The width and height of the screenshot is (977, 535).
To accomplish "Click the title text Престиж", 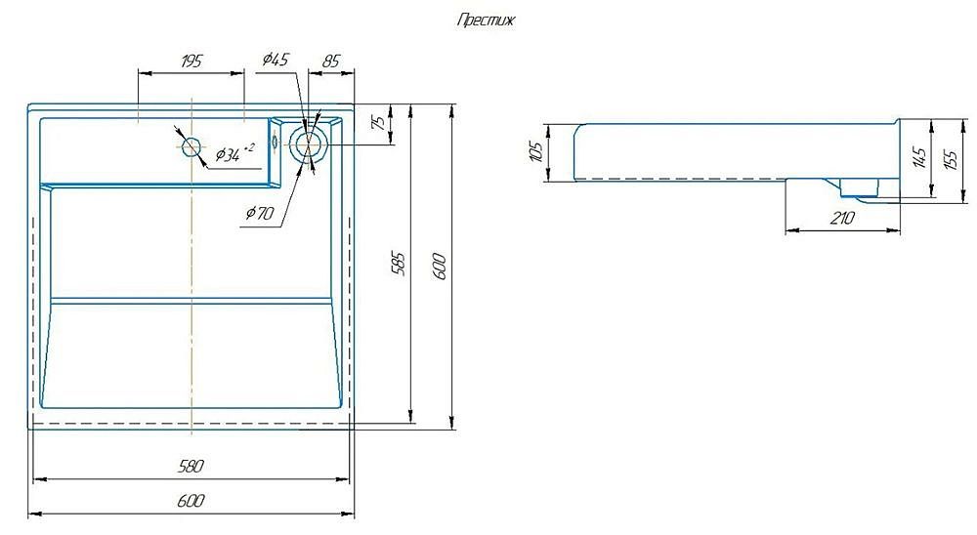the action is click(486, 21).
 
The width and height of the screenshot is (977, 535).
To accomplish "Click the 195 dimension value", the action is click(191, 62).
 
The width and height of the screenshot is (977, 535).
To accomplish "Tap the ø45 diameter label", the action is click(276, 60).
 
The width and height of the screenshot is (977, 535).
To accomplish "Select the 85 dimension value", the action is click(331, 62).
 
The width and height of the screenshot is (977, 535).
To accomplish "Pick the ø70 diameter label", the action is click(260, 213).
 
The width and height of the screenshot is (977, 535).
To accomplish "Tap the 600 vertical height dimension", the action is click(440, 266).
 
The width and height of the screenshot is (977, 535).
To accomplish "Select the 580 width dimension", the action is click(191, 466).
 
